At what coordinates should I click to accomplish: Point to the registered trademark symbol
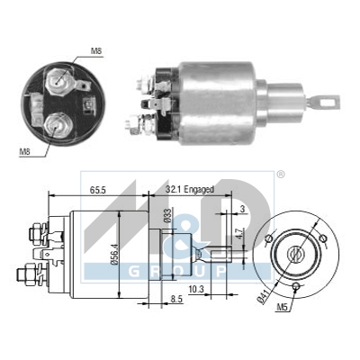tap(280, 174)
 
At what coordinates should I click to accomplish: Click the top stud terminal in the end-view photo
tap(60, 79)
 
